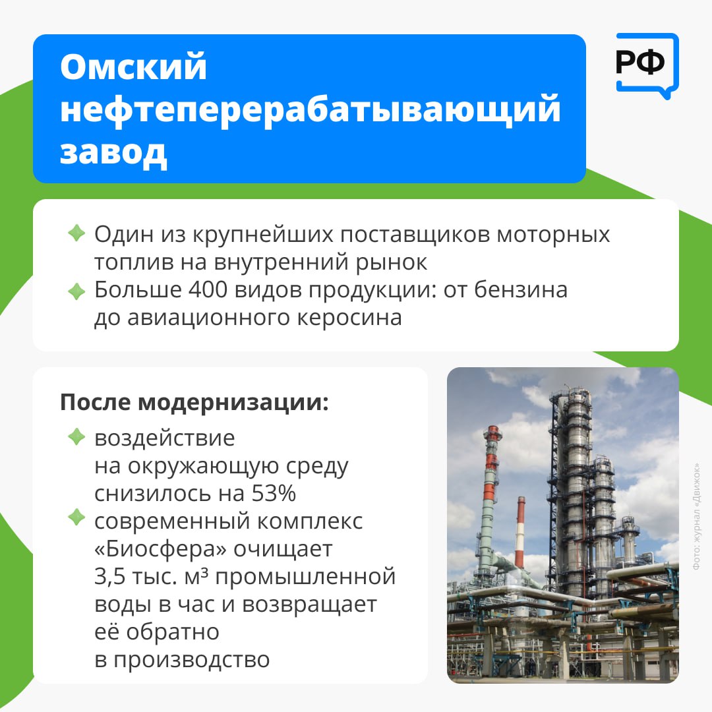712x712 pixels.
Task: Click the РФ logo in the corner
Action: [x=647, y=65]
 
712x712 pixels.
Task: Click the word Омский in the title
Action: [x=133, y=67]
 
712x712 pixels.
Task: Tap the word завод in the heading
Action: [x=113, y=152]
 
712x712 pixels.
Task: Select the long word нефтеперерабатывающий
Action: [x=311, y=109]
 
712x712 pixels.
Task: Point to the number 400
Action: [x=208, y=289]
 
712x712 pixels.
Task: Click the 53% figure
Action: [x=274, y=493]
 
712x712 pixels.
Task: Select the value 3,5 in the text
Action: [x=109, y=577]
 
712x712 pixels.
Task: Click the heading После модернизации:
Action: [x=194, y=402]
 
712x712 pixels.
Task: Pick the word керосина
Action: [x=349, y=317]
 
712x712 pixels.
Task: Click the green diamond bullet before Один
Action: [x=76, y=233]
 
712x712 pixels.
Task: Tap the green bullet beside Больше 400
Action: [x=76, y=291]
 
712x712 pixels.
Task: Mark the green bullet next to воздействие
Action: [x=76, y=437]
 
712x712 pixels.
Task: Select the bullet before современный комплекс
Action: [x=76, y=518]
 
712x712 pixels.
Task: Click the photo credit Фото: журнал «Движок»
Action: [x=696, y=517]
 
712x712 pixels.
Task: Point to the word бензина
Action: [x=521, y=289]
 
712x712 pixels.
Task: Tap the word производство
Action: [x=192, y=660]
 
